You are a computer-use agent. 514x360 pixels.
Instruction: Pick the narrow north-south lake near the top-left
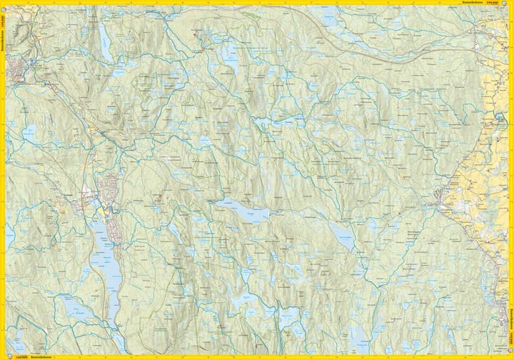106,43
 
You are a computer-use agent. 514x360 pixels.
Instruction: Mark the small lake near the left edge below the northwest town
30,132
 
